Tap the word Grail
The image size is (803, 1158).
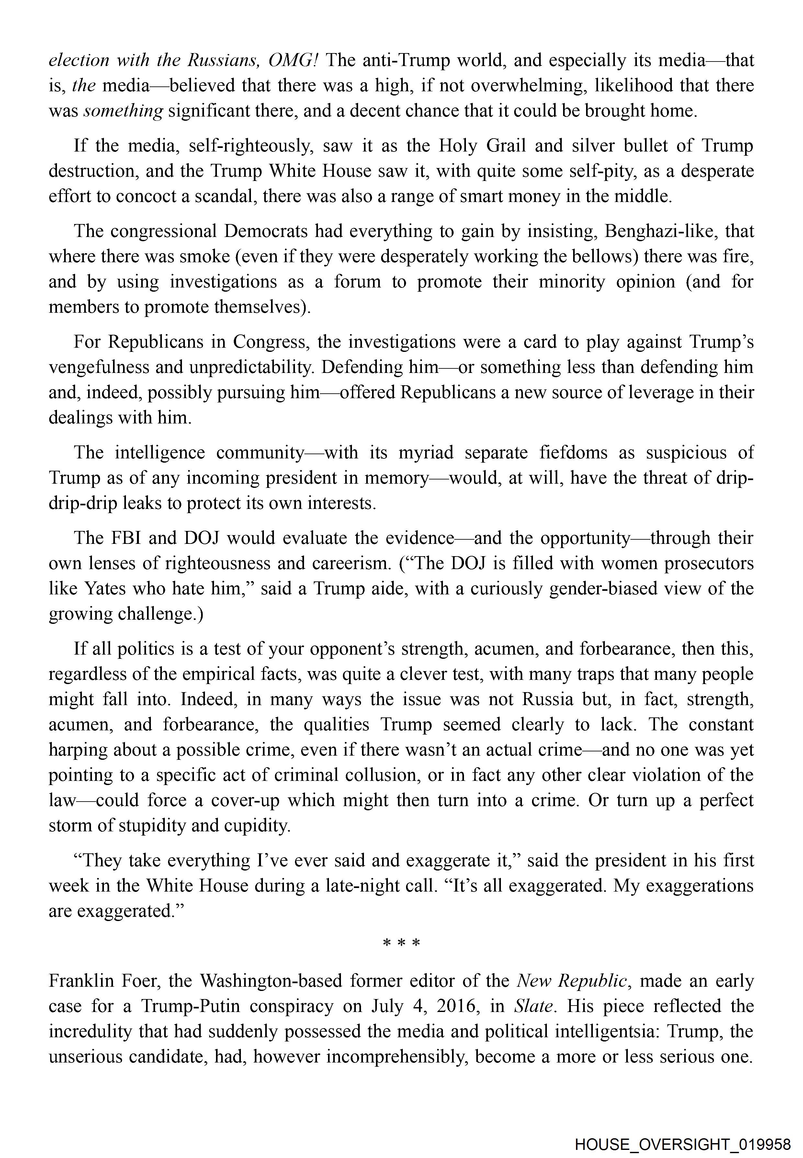(x=506, y=146)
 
